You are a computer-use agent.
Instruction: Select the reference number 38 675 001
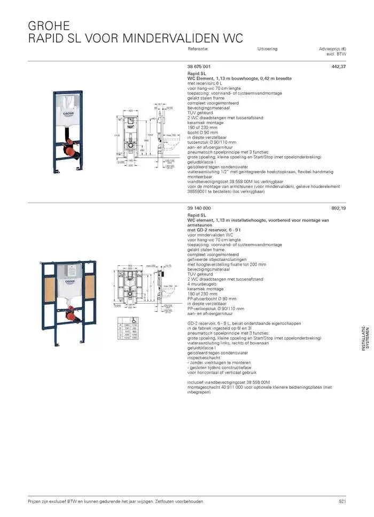pos(199,66)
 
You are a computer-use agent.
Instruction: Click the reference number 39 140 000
pos(199,208)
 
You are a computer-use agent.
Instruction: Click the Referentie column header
pos(198,49)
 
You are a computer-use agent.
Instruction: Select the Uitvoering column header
pos(267,49)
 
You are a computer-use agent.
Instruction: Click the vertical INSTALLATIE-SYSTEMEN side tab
pos(363,339)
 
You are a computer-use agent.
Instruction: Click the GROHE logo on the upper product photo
pos(68,114)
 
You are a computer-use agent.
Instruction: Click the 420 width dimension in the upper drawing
pos(130,111)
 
